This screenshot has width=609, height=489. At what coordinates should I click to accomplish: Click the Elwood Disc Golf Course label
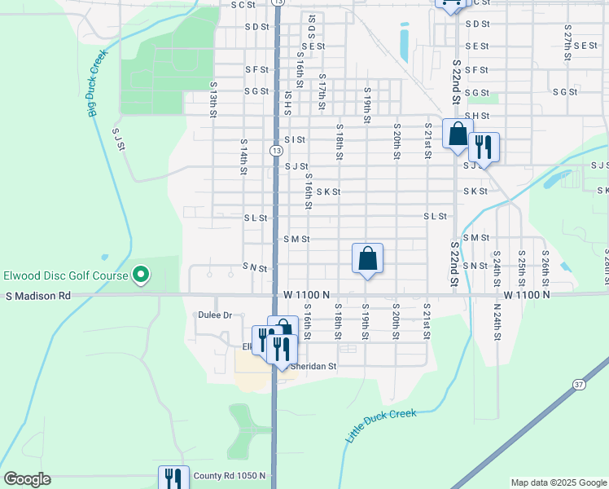[65, 275]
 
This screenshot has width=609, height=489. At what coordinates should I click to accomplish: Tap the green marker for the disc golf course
[140, 275]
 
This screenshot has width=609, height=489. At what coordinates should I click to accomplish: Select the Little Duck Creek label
[380, 426]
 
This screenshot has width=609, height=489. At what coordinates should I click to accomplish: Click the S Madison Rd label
[38, 295]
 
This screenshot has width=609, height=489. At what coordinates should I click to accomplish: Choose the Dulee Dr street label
[215, 315]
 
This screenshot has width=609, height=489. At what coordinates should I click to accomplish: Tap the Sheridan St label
[314, 367]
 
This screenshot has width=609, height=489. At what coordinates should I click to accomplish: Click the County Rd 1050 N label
[229, 476]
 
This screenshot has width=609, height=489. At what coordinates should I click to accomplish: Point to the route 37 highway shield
[579, 384]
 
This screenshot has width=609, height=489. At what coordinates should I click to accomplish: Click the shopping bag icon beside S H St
[458, 134]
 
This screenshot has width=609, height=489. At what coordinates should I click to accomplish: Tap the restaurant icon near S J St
[484, 147]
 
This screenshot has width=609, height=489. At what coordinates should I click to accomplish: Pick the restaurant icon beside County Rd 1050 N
[173, 477]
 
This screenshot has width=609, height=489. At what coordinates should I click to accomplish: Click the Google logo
[27, 479]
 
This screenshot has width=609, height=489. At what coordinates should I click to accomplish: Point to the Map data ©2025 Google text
[559, 482]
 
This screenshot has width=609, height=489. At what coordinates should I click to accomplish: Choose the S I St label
[295, 139]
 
